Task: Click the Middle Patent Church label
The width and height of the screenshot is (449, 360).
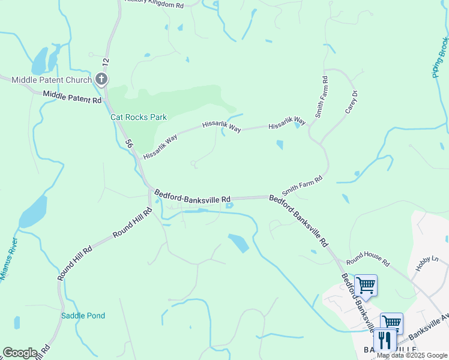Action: pyautogui.click(x=52, y=80)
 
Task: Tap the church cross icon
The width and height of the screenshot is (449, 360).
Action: pyautogui.click(x=102, y=79)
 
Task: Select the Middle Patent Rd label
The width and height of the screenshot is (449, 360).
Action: pyautogui.click(x=72, y=97)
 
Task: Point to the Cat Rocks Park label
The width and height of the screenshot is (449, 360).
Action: pyautogui.click(x=139, y=118)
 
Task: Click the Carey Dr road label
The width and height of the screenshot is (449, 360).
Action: pyautogui.click(x=351, y=102)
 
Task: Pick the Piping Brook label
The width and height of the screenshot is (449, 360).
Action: pyautogui.click(x=440, y=58)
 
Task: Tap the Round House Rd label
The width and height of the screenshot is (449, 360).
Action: pyautogui.click(x=368, y=259)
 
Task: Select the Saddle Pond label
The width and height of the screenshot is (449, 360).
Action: pyautogui.click(x=83, y=316)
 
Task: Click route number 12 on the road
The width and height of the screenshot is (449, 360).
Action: pyautogui.click(x=106, y=61)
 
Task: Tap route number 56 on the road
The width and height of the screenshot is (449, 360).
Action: pyautogui.click(x=128, y=144)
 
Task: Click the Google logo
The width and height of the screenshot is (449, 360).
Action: pyautogui.click(x=20, y=353)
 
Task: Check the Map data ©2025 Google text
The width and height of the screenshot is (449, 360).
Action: pyautogui.click(x=412, y=355)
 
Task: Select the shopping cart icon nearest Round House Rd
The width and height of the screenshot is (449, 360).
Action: pyautogui.click(x=365, y=285)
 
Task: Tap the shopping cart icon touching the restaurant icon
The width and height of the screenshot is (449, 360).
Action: pyautogui.click(x=391, y=323)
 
